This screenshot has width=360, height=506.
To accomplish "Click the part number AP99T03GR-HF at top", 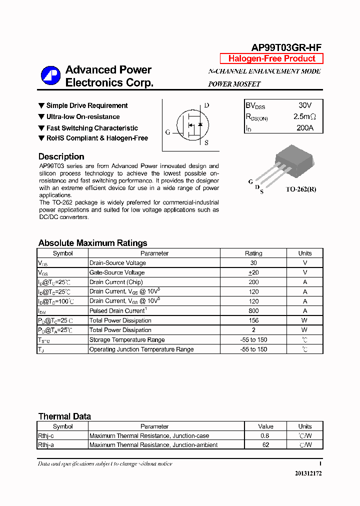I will (286, 47).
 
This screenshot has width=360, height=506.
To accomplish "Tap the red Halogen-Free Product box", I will (271, 58).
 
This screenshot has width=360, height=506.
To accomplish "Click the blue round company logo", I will (50, 76).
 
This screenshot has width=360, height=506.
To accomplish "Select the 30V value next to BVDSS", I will (304, 105).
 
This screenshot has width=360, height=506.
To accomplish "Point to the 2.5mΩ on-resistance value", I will (304, 117).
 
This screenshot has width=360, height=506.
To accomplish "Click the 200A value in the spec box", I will (304, 128).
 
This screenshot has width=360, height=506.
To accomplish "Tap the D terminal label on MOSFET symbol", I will (206, 105).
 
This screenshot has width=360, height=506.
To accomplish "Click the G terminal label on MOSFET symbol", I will (168, 132).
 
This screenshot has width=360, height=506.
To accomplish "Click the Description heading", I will (61, 156).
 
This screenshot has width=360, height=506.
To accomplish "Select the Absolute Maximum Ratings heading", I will (92, 243).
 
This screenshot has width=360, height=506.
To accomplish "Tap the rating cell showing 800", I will (253, 311).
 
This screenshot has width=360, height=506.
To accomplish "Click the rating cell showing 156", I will (253, 320).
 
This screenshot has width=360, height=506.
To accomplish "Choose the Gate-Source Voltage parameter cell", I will (117, 272).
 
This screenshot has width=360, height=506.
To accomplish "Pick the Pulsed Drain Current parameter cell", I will (117, 311).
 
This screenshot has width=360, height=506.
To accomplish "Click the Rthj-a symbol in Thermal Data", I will (45, 445).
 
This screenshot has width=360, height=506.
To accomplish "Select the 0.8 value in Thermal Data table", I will (265, 435).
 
